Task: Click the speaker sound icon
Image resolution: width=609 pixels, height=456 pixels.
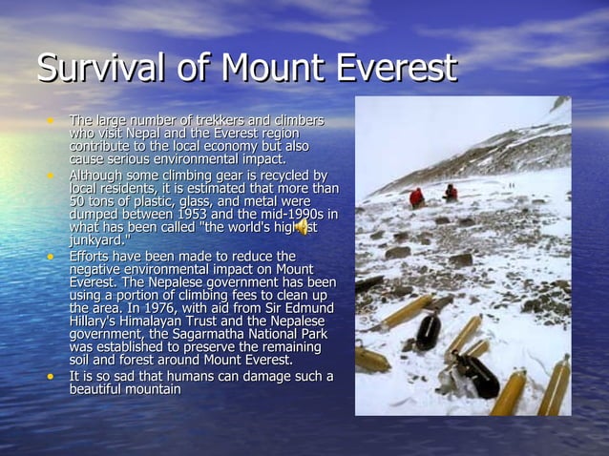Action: coord(302,227)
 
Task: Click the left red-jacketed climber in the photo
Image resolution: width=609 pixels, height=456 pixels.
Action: coord(416,197)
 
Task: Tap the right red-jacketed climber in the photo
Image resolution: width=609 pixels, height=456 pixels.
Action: coord(451,193)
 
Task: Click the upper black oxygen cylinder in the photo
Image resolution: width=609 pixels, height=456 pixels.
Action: coord(429,330)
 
